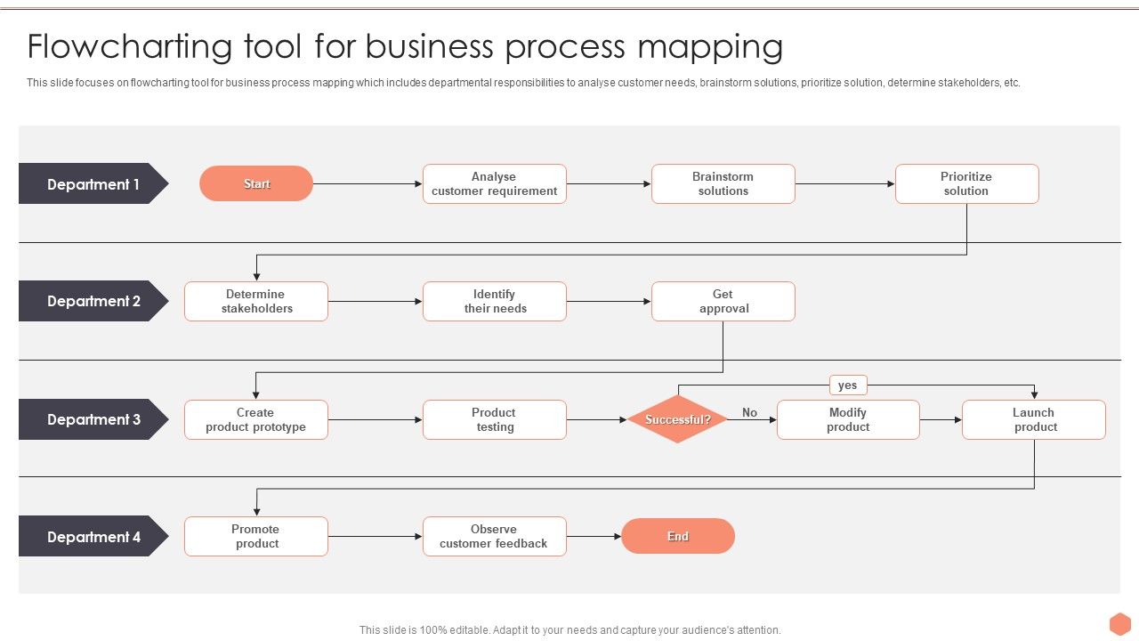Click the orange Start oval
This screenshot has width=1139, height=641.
[256, 183]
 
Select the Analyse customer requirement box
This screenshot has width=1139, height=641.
[494, 184]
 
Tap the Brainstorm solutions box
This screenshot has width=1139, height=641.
[723, 184]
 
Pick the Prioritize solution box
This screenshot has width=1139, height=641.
[966, 184]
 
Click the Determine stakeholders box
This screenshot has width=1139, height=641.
[256, 302]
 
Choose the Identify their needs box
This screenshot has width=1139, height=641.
[494, 302]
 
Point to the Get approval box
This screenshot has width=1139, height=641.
[723, 302]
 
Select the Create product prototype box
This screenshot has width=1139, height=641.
[256, 419]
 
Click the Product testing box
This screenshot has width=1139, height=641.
[494, 419]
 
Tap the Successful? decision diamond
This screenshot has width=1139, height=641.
[677, 419]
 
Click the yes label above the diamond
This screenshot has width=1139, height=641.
[847, 385]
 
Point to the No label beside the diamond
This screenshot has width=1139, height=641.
[749, 412]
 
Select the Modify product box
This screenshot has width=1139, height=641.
[847, 419]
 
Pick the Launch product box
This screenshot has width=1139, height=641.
[1033, 419]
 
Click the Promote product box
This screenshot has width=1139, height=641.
[256, 537]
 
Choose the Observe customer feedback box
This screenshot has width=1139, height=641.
[494, 537]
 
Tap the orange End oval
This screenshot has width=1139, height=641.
[677, 536]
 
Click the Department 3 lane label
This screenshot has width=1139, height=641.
[93, 419]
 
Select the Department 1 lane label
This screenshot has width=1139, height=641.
[93, 184]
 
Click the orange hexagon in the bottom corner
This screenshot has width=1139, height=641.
[1119, 623]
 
